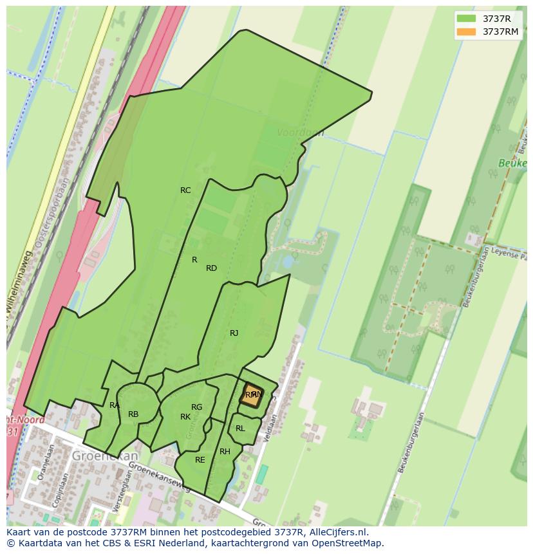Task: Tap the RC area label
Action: point(185,190)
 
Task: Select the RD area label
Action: point(211,268)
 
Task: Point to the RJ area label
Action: point(234,333)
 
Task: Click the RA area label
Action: point(114,405)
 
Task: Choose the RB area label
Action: point(133,414)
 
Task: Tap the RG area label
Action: point(196,407)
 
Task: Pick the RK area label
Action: point(185,417)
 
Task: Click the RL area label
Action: point(240,429)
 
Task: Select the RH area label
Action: point(225,452)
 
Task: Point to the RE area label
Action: point(200,460)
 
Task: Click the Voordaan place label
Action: point(300,133)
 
